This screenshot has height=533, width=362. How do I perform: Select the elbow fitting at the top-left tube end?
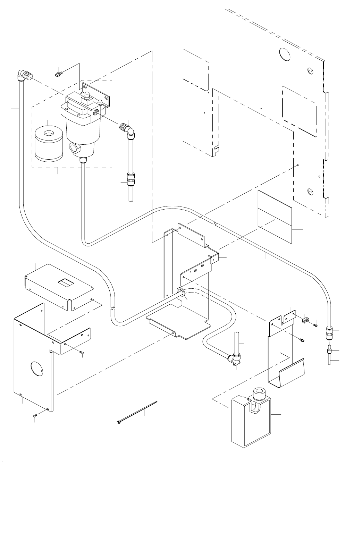pyautogui.click(x=25, y=75)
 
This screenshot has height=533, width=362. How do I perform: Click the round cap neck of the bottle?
pyautogui.click(x=259, y=393)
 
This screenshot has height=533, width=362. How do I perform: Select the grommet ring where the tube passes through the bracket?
pyautogui.click(x=180, y=291)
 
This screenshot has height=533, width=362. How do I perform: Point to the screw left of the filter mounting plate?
pyautogui.click(x=58, y=74)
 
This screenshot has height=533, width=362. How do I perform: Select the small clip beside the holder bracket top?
pyautogui.click(x=305, y=319)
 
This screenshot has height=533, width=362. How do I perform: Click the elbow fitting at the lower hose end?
pyautogui.click(x=234, y=360)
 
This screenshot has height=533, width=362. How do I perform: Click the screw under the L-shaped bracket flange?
pyautogui.click(x=82, y=353)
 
